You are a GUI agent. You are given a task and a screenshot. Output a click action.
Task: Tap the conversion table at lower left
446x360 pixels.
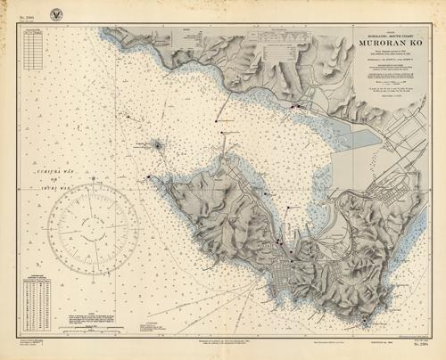click(37, 303)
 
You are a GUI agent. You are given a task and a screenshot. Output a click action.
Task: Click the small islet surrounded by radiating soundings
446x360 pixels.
click(156, 143)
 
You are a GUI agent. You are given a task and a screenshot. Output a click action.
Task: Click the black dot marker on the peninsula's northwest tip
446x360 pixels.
click(149, 176)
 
